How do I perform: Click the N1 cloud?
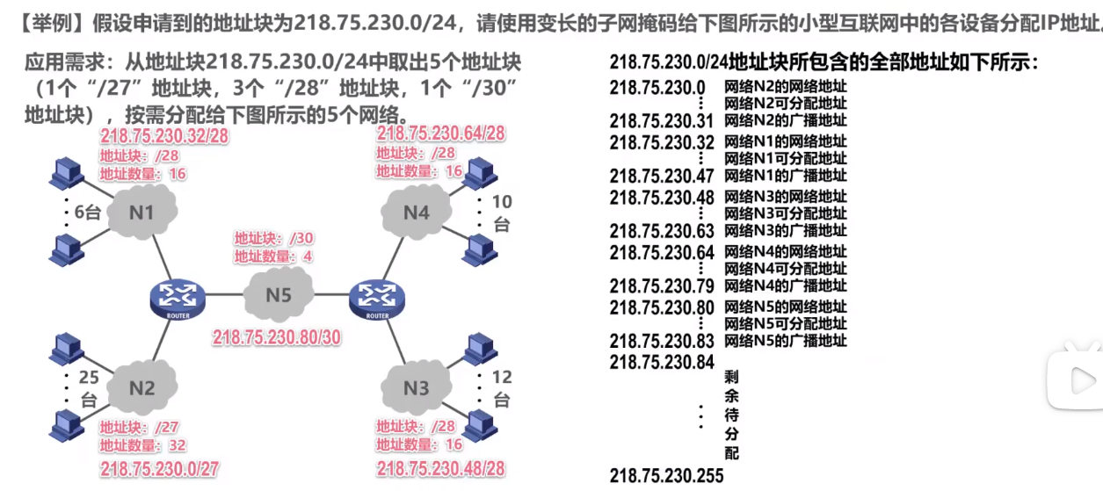142,212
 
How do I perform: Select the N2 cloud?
142,387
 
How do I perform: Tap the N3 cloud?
417,387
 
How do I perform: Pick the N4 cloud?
417,212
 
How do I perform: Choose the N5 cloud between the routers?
278,294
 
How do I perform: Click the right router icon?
377,297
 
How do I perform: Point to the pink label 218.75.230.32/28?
164,136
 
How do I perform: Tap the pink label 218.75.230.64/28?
440,134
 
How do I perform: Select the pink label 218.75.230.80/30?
277,336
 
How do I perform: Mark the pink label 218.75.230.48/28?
440,469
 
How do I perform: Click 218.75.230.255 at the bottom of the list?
666,476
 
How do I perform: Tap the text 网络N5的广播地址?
785,340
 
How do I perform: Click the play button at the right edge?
1082,379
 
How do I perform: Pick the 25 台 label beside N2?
89,387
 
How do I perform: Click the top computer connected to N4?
478,173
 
